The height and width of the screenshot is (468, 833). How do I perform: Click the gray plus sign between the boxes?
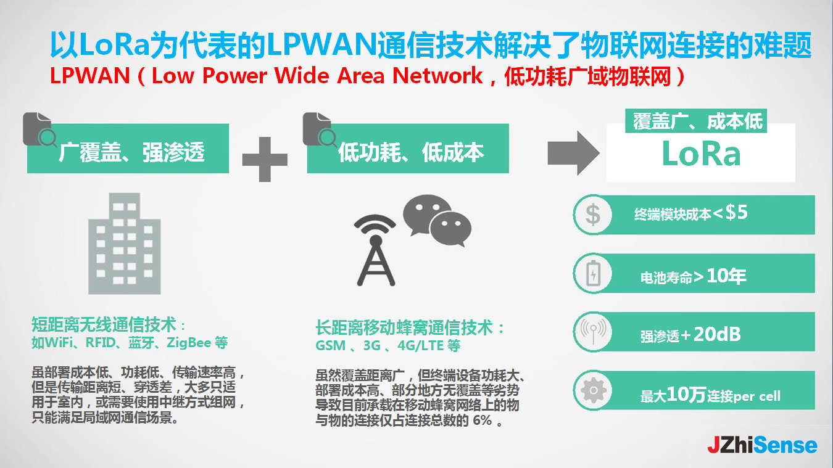(x=265, y=159)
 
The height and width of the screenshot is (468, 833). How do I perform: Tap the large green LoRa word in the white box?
(x=700, y=154)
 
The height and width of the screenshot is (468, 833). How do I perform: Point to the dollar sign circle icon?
(x=592, y=215)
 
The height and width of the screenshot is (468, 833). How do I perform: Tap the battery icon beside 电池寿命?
(x=592, y=273)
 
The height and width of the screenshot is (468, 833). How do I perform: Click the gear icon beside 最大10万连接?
(x=592, y=390)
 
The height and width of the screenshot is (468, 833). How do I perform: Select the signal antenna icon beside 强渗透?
(x=592, y=332)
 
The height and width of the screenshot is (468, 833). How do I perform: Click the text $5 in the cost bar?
(x=736, y=213)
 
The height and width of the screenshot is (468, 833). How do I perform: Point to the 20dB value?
(x=717, y=334)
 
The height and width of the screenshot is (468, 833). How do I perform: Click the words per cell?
(x=757, y=396)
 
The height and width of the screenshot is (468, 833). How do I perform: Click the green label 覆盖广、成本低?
(x=698, y=121)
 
